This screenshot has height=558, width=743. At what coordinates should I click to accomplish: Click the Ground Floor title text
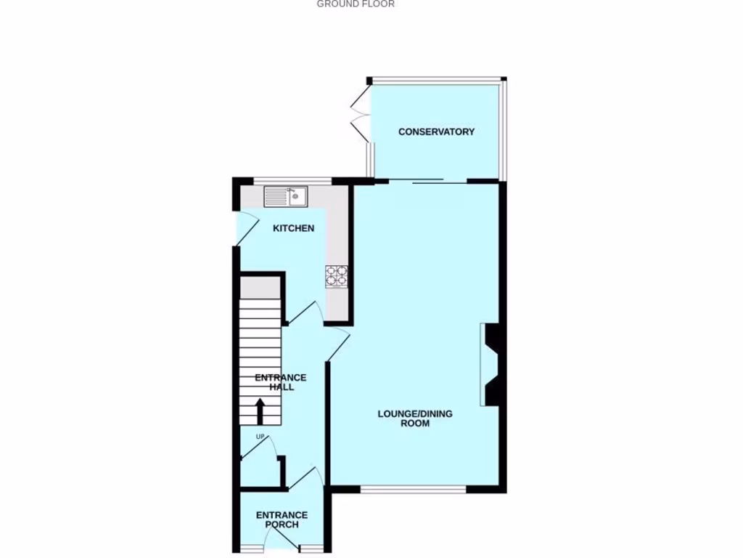(356, 4)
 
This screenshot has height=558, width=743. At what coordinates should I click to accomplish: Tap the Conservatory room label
(436, 132)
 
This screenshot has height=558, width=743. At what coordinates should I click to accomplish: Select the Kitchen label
(293, 228)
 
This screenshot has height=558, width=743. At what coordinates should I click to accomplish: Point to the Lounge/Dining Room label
(414, 418)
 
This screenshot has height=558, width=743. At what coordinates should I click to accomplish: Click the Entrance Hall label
(282, 382)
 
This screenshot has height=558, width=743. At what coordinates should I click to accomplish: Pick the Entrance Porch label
(282, 520)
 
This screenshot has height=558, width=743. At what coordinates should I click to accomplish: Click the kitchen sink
(286, 196)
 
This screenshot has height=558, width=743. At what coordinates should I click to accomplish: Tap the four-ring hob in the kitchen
(337, 275)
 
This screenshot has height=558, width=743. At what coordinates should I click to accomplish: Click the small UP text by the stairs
(260, 437)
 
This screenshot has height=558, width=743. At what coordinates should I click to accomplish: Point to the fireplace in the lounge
(490, 365)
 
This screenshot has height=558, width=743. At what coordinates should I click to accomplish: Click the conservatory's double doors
(360, 116)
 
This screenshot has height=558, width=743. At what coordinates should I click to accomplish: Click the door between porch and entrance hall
(305, 477)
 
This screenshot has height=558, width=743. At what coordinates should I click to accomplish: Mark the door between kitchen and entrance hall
(304, 313)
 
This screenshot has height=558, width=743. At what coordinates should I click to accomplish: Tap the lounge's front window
(413, 490)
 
